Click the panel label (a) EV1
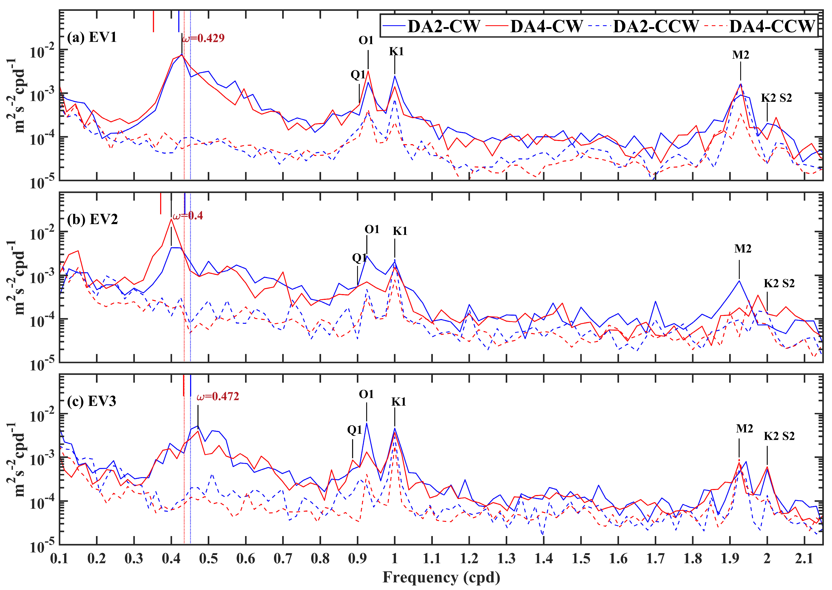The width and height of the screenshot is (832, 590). [92, 37]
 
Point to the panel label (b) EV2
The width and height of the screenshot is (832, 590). [92, 219]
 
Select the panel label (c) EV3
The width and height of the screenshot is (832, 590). [92, 401]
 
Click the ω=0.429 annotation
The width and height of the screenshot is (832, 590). [203, 38]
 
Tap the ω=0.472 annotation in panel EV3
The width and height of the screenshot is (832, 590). [218, 396]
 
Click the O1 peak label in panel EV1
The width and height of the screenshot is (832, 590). [366, 40]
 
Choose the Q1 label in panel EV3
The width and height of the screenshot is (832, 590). [355, 430]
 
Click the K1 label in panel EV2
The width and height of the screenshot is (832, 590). [400, 231]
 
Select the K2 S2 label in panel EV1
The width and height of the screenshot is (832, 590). [777, 98]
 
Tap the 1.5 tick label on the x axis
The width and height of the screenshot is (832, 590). [581, 558]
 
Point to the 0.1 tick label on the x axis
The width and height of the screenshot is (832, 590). [59, 558]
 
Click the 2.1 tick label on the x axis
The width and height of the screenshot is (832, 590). [804, 558]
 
